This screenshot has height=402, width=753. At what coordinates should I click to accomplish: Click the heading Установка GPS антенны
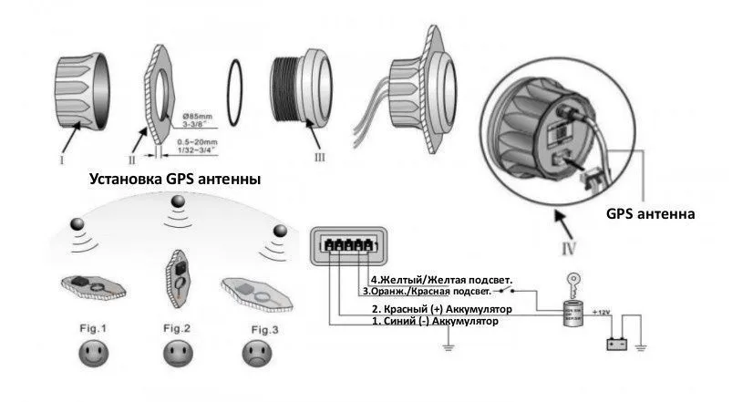click(174, 180)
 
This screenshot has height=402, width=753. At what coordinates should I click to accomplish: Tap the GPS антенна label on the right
click(651, 214)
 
